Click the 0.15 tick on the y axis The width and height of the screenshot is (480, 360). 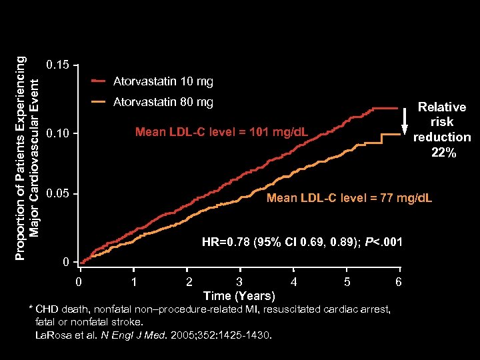point(57,65)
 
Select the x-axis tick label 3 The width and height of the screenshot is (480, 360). point(239,282)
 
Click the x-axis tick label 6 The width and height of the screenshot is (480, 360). point(399,282)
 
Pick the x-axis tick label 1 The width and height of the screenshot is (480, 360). point(135,282)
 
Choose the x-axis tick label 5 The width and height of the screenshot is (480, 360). point(347,282)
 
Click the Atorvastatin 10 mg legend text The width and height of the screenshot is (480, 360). point(163,82)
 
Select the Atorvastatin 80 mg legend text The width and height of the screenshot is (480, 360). point(163,102)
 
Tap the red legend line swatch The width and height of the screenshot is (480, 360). point(99,82)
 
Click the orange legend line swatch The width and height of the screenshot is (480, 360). point(99,102)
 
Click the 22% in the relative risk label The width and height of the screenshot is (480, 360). point(443,153)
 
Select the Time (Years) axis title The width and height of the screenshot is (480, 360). point(239,296)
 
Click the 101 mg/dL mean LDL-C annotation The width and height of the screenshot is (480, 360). point(222,132)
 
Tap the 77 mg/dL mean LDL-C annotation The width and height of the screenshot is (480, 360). point(349,199)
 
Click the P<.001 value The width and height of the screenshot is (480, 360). point(384,242)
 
